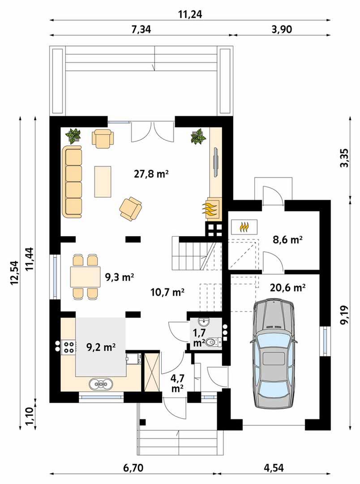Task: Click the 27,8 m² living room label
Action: pyautogui.click(x=151, y=174)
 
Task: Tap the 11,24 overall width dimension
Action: pyautogui.click(x=190, y=14)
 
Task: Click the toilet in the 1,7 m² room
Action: pyautogui.click(x=213, y=341)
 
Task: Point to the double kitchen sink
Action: pyautogui.click(x=101, y=384)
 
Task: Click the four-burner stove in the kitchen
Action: pyautogui.click(x=69, y=346)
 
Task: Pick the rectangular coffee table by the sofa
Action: pyautogui.click(x=103, y=181)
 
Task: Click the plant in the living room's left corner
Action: pyautogui.click(x=74, y=136)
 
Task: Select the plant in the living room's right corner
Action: pyautogui.click(x=198, y=136)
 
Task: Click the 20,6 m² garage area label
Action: pyautogui.click(x=287, y=288)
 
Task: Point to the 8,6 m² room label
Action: pyautogui.click(x=287, y=239)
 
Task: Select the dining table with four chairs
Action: pyautogui.click(x=85, y=277)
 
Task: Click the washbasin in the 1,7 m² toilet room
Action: pyautogui.click(x=204, y=323)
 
